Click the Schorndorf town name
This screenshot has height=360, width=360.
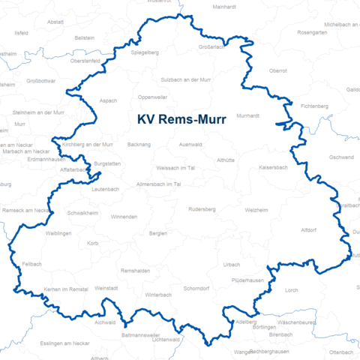point(196,288)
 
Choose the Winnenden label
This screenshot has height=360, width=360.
point(124,217)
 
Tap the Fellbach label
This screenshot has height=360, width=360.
point(31,264)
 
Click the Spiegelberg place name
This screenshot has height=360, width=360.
point(145,52)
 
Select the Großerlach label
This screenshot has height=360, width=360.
point(212,46)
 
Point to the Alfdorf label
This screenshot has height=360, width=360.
point(309,229)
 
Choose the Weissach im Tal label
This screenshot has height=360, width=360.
point(175,168)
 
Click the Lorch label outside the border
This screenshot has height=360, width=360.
point(291,289)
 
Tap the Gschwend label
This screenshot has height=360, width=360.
point(341,157)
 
